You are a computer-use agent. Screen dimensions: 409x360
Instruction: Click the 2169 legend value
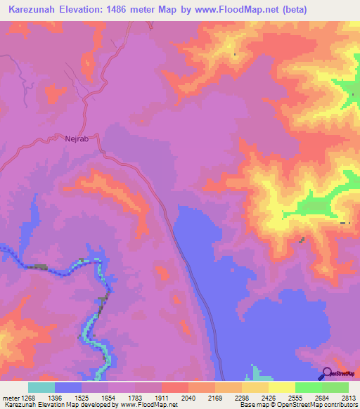pyautogui.click(x=216, y=397)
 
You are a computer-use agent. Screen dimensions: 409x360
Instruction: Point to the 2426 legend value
pyautogui.click(x=269, y=397)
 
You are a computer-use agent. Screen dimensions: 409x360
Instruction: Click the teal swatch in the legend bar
pyautogui.click(x=41, y=387)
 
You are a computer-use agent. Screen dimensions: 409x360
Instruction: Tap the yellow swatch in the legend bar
pyautogui.click(x=282, y=387)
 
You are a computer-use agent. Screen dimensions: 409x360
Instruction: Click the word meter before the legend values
pyautogui.click(x=11, y=397)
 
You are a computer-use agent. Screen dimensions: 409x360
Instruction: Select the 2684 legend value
pyautogui.click(x=323, y=397)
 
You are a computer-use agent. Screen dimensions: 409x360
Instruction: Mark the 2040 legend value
pyautogui.click(x=188, y=397)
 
